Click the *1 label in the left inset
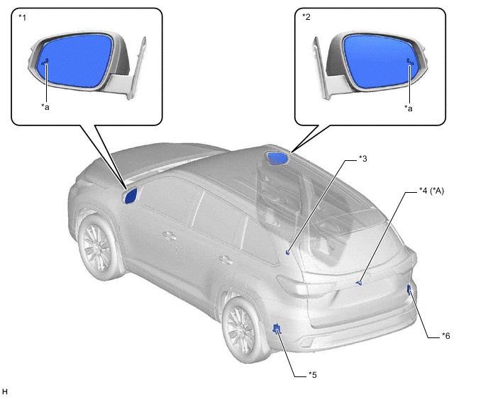tap(23, 18)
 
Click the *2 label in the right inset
tap(306, 17)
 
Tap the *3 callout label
tap(363, 159)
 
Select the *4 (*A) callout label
tap(431, 191)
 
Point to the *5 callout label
tap(313, 375)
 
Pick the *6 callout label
tap(446, 336)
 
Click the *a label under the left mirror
tap(45, 107)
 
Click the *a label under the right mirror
tap(409, 108)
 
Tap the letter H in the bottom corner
tap(5, 391)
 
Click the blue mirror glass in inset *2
tap(378, 61)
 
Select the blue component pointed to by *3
tap(288, 252)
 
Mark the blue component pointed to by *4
tap(359, 282)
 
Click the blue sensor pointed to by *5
tap(276, 328)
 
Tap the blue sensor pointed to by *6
tap(409, 289)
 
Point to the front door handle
tap(170, 235)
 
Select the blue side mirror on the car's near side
tap(130, 196)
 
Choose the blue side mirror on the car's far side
tap(277, 158)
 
